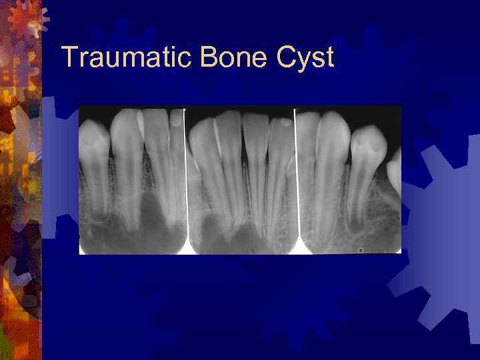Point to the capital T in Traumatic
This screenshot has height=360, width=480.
pos(67,58)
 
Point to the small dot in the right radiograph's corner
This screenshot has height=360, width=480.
pos(361,250)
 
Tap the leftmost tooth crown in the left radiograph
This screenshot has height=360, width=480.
pos(93,140)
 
